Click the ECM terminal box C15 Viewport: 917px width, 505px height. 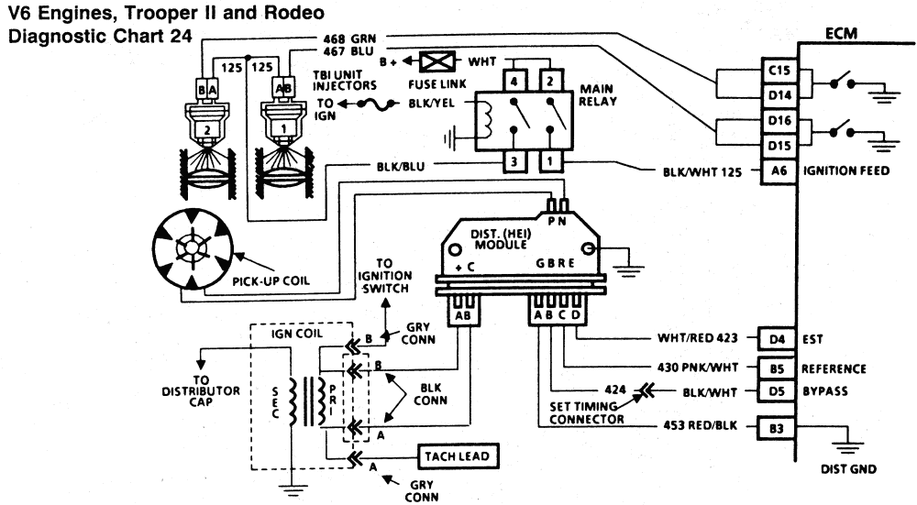pyautogui.click(x=779, y=71)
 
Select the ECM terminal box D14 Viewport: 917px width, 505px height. pyautogui.click(x=779, y=93)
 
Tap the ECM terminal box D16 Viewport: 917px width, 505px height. pyautogui.click(x=779, y=123)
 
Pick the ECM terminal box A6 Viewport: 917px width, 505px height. pyautogui.click(x=779, y=170)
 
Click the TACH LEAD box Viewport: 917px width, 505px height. pyautogui.click(x=458, y=456)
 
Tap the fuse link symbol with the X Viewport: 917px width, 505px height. pyautogui.click(x=435, y=62)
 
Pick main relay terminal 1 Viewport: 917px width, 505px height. pyautogui.click(x=547, y=161)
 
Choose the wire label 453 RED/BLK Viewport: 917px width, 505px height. pyautogui.click(x=698, y=427)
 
